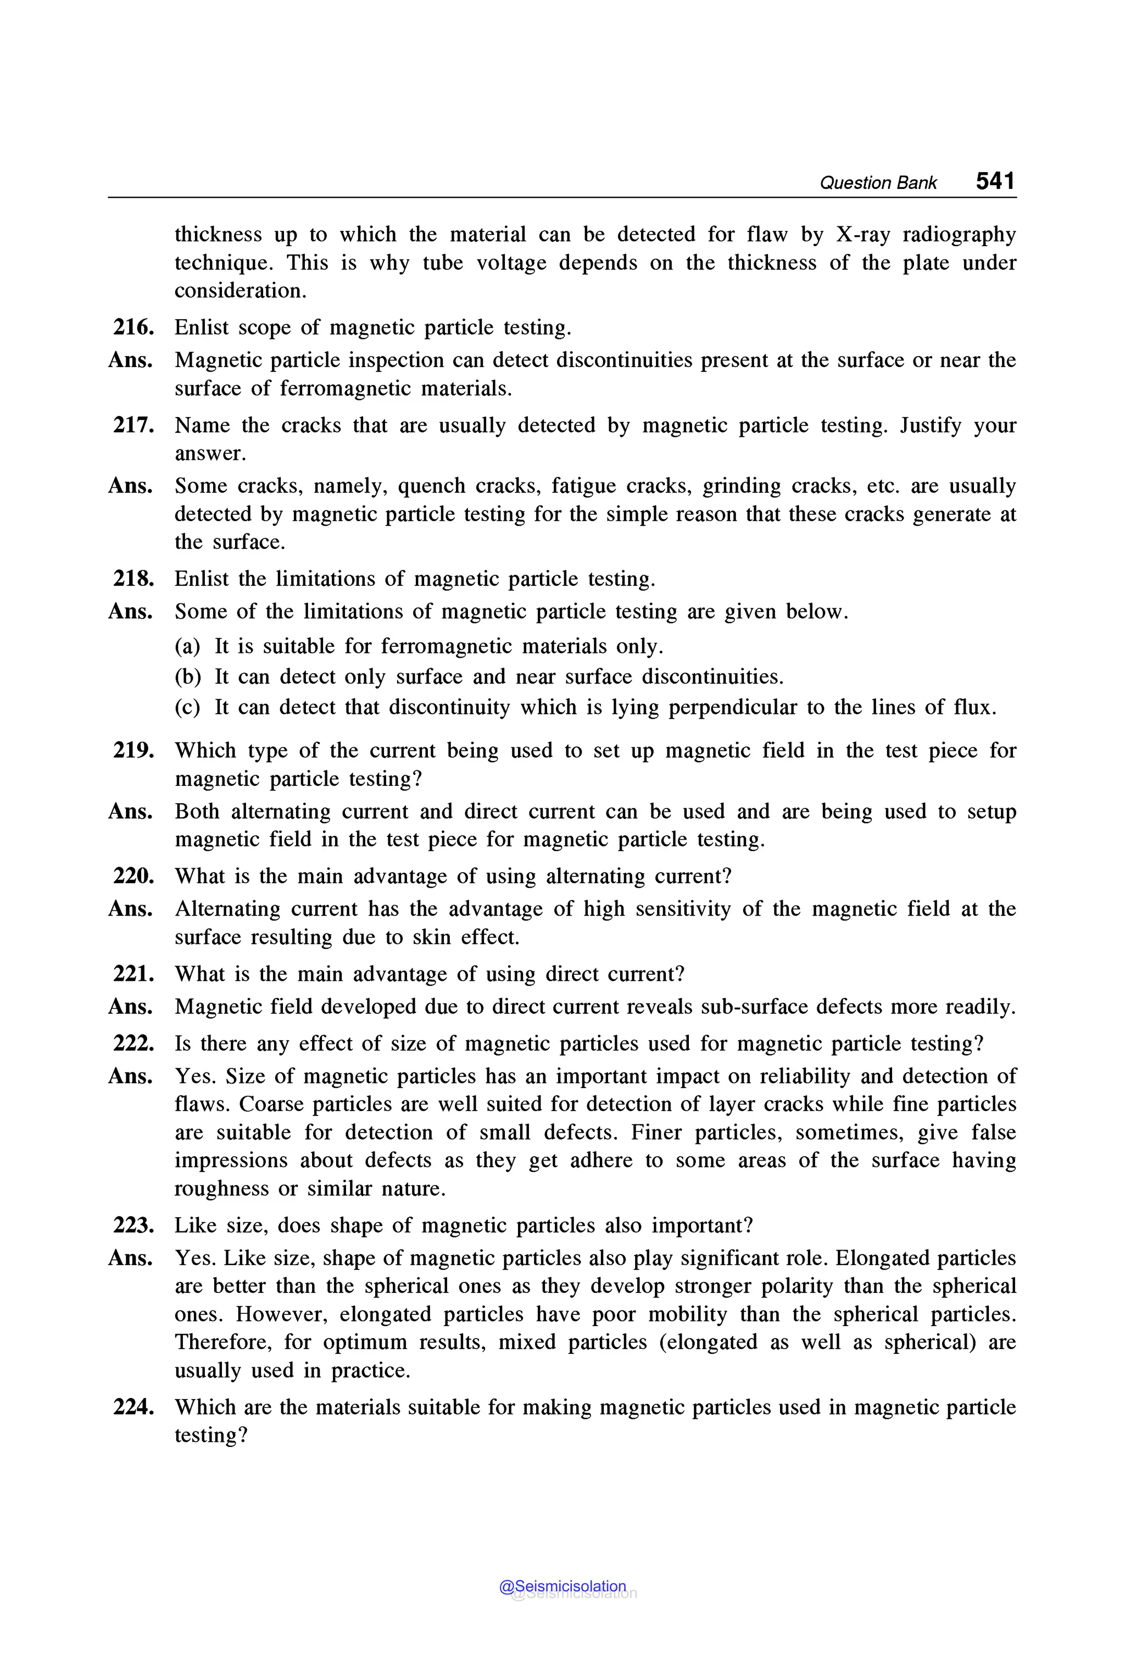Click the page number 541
pos(995,181)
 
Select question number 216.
pos(133,328)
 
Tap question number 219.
pos(133,750)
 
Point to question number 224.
pos(133,1407)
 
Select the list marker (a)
pos(187,647)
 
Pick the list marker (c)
pos(187,708)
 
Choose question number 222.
pos(133,1044)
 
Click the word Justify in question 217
pos(930,426)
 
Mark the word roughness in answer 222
pos(222,1189)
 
